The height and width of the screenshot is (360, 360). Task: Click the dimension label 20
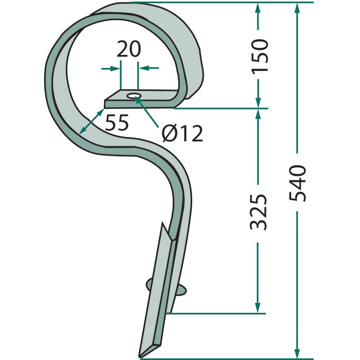(129, 49)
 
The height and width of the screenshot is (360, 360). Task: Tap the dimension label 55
(117, 122)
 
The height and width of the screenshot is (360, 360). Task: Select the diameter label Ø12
(183, 133)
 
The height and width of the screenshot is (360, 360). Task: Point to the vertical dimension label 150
(260, 56)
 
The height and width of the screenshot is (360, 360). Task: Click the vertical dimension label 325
(258, 212)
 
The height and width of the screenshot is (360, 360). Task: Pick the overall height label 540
(297, 183)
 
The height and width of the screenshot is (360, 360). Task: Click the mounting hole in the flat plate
(134, 95)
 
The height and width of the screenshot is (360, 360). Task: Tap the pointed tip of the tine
(139, 357)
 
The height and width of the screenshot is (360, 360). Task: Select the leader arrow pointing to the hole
(147, 112)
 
